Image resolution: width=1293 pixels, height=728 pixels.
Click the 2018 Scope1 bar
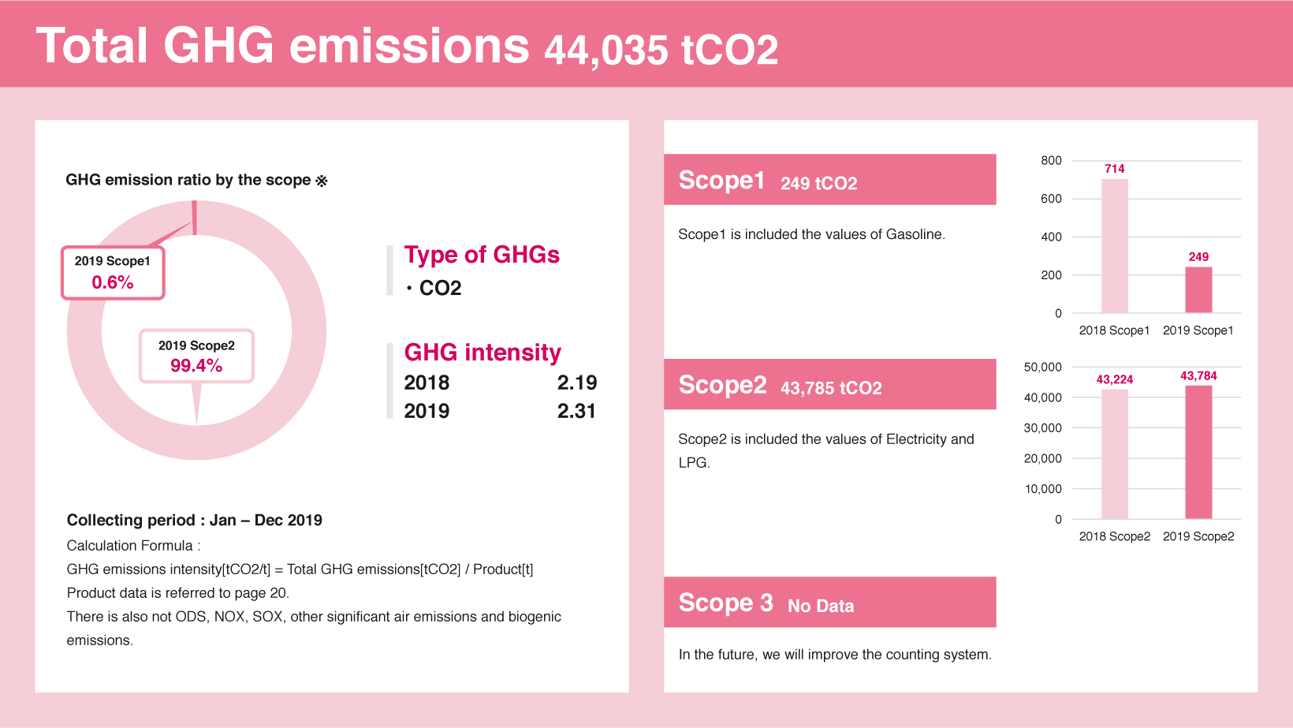[x=1114, y=246]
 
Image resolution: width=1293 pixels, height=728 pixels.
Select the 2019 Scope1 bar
[x=1198, y=289]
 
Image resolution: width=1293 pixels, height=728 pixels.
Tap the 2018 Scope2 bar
[x=1114, y=454]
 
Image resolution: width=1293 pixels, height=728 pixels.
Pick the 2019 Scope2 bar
[x=1198, y=452]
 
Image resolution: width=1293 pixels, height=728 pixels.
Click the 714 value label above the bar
[x=1114, y=169]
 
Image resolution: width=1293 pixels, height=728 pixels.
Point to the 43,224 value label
[x=1114, y=379]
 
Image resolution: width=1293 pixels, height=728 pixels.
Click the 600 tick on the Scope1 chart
[x=1051, y=199]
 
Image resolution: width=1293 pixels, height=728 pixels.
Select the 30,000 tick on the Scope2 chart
[x=1042, y=427]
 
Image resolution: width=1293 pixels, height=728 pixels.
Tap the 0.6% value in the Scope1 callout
[x=113, y=282]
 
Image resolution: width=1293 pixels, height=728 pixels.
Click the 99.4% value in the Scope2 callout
[x=196, y=365]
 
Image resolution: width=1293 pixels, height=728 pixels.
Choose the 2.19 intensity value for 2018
[x=576, y=383]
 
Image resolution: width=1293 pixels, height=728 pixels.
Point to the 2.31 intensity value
[x=576, y=411]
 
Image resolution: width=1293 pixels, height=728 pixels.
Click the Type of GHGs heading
[x=482, y=255]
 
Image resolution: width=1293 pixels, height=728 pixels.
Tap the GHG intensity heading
[x=483, y=352]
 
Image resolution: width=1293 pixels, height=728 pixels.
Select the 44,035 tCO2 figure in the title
[x=661, y=50]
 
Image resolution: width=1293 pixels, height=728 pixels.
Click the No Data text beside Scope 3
[x=821, y=606]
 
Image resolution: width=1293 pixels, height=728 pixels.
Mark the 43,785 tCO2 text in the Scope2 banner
[x=831, y=388]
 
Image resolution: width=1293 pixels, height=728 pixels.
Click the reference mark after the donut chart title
[x=322, y=181]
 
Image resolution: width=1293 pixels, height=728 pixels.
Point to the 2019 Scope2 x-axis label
[x=1198, y=536]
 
